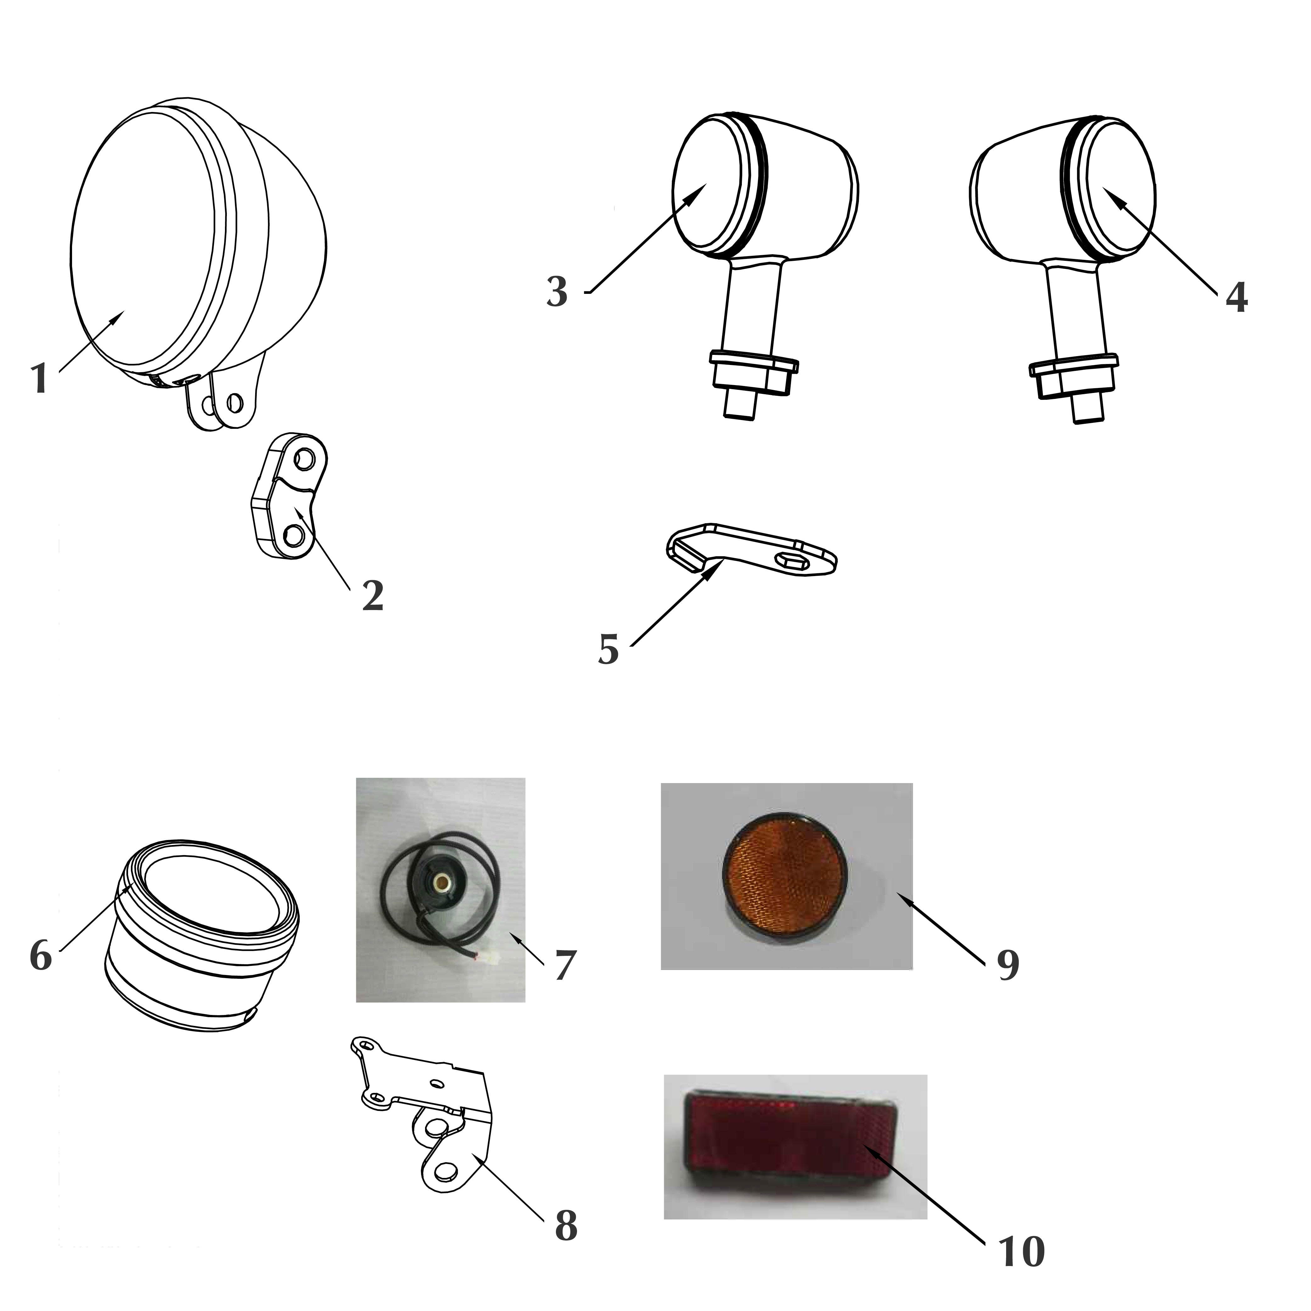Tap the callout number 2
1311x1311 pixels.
(373, 596)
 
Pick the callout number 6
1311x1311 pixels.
(41, 956)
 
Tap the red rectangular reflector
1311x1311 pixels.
(791, 1143)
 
